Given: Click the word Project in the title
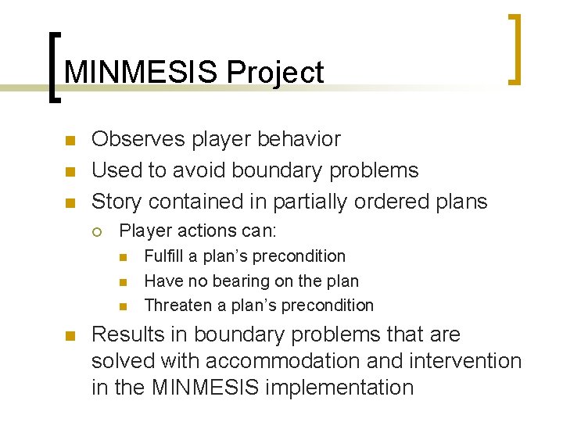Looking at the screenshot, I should (x=274, y=73).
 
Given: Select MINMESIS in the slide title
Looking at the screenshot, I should (x=142, y=73).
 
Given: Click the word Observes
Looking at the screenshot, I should (x=138, y=139).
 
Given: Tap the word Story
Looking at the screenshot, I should (x=117, y=202).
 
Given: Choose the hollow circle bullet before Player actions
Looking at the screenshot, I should (x=95, y=231).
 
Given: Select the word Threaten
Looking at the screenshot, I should (x=176, y=305).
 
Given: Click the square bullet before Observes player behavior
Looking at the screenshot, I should (x=69, y=141).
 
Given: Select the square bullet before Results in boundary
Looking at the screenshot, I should (x=69, y=336).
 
